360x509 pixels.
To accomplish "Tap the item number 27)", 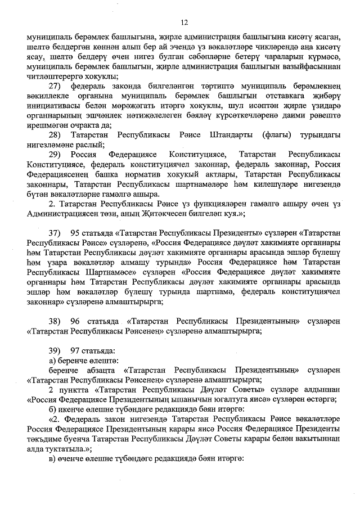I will pos(55,86).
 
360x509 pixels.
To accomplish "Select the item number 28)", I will pos(55,136).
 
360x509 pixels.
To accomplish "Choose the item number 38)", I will pos(55,321).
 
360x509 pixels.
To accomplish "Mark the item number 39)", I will pos(55,350).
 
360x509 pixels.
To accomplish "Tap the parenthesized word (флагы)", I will pos(278,136).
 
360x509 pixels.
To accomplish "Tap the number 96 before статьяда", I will pos(76,321).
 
